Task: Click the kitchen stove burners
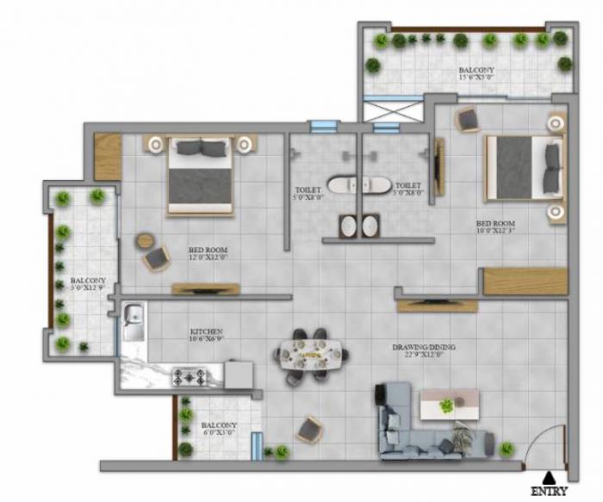pos(189,375)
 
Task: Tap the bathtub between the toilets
pos(357,185)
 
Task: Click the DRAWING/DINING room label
pos(423,350)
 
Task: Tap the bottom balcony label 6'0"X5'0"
pos(218,429)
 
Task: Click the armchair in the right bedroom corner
pos(468,120)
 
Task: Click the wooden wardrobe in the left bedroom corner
pos(108,157)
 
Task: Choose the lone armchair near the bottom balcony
pos(311,427)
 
